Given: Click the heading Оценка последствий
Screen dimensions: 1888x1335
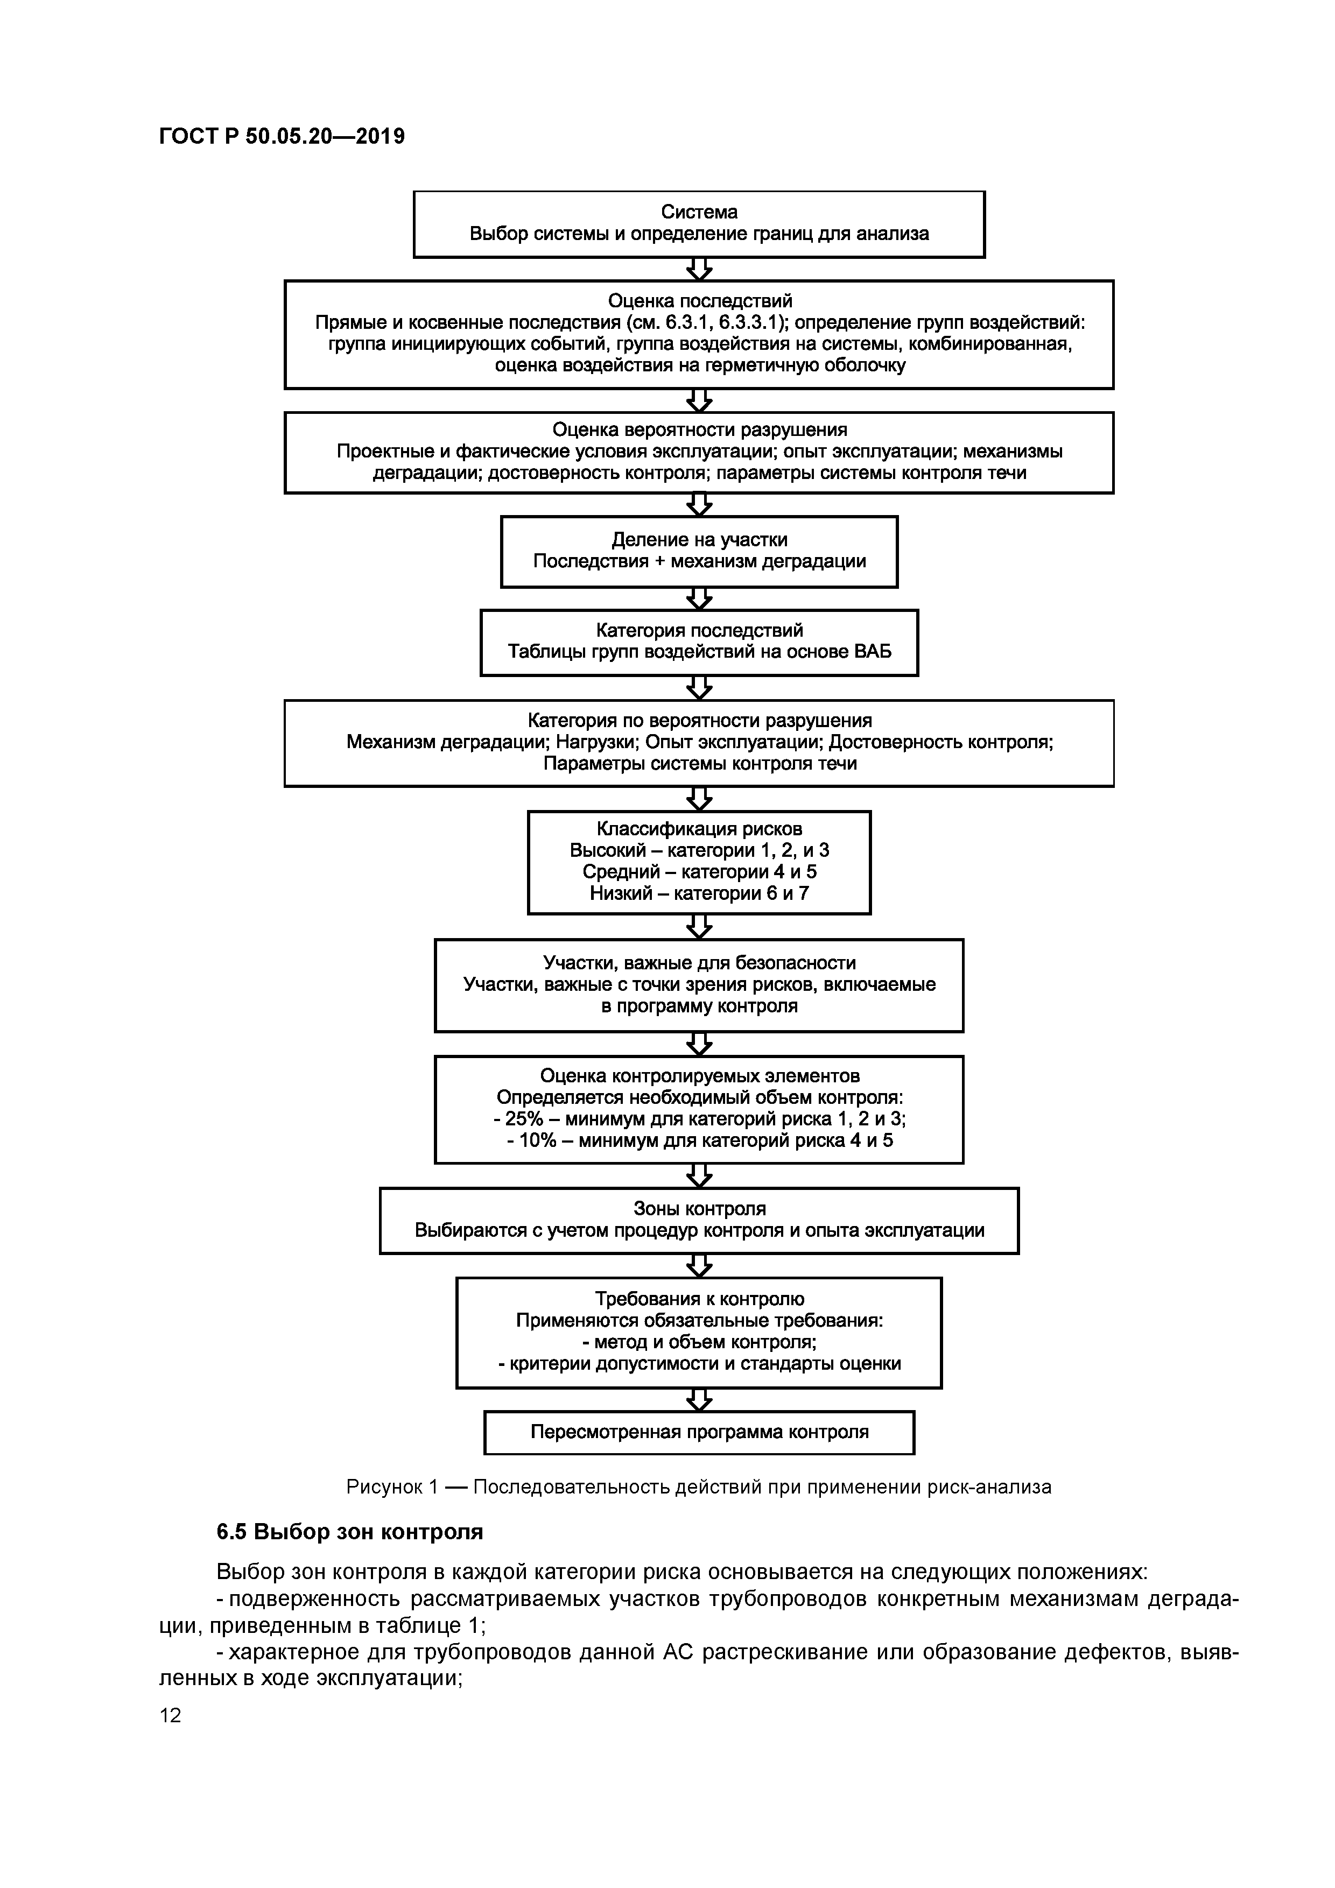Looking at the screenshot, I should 699,301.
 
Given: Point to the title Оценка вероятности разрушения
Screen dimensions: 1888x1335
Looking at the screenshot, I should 699,430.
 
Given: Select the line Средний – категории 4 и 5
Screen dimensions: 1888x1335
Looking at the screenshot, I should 699,872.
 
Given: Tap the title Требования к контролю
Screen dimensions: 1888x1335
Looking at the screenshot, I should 699,1299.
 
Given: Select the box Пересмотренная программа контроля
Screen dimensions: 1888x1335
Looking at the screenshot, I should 699,1432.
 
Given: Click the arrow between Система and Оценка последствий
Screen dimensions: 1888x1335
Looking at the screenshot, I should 699,269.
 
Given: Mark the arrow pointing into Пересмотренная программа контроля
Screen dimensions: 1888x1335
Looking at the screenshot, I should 699,1399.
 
